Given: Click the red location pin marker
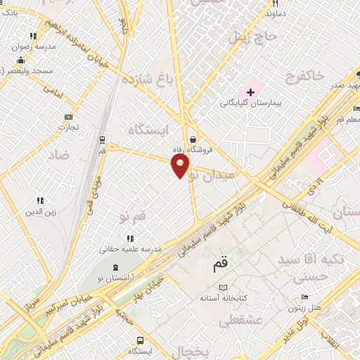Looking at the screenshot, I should (181, 167).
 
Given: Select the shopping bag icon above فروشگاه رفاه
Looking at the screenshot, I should (193, 139).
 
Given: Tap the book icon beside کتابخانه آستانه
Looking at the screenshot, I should (224, 288).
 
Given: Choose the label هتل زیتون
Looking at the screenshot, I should (305, 309).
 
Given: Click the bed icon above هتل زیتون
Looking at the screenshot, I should (304, 297).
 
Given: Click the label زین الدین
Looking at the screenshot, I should (40, 212).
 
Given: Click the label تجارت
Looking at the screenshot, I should (68, 127).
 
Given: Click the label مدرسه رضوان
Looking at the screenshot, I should (33, 47).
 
